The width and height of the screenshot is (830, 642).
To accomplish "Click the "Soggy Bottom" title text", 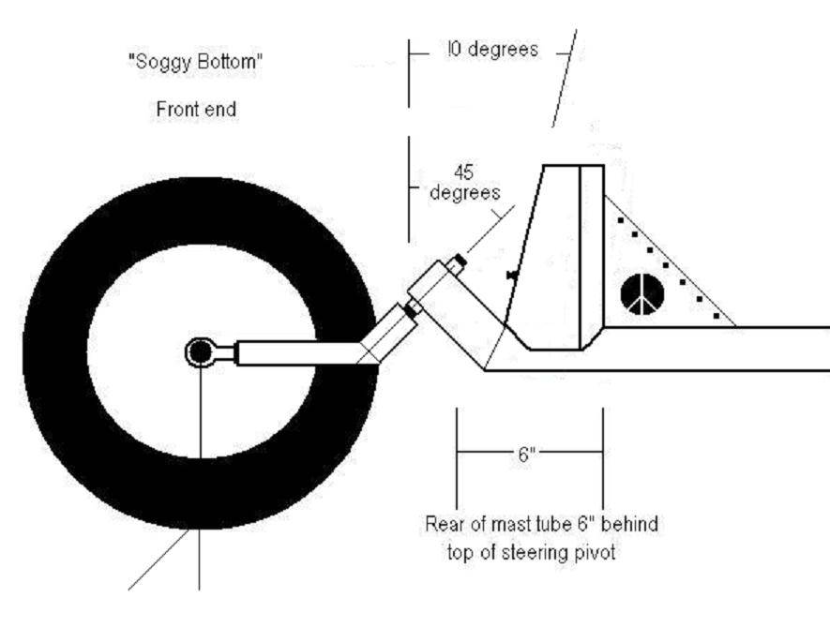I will (195, 63).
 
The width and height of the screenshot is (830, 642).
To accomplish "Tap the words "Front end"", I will (195, 110).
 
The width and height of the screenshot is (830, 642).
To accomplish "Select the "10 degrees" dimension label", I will (491, 51).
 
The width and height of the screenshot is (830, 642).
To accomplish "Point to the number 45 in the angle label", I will (462, 173).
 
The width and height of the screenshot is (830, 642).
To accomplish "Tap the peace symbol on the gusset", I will (642, 294).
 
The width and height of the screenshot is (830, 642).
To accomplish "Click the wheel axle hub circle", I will (199, 352).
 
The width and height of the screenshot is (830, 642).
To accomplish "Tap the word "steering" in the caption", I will (537, 552).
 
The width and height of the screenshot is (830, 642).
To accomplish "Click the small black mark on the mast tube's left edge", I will (511, 274).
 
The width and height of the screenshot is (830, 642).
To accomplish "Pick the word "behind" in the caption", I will (629, 524).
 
